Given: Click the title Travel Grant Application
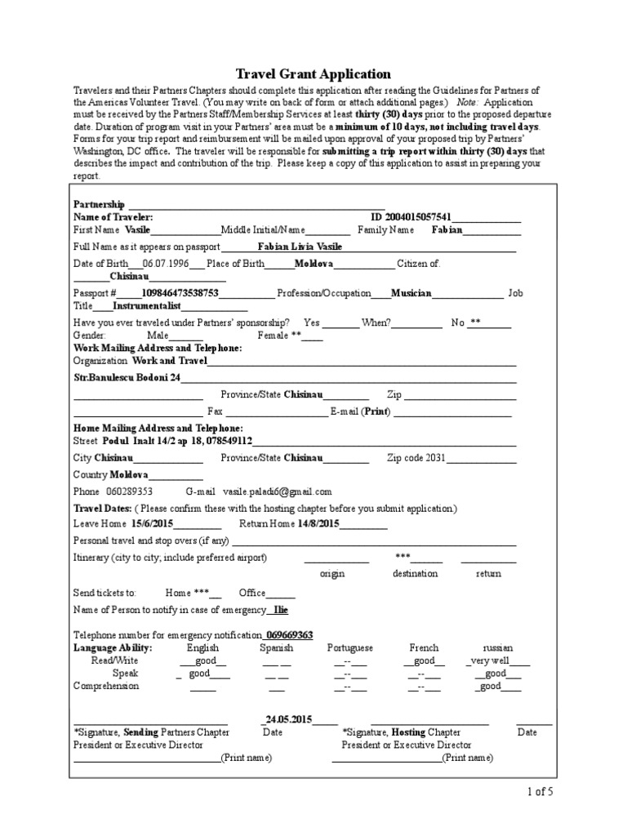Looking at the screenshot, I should (x=313, y=73).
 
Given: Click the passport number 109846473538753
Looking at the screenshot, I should (x=180, y=292).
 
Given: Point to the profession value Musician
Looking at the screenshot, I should (x=411, y=292).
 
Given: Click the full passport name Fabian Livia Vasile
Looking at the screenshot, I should (x=300, y=246).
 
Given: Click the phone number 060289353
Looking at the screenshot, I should (x=129, y=491).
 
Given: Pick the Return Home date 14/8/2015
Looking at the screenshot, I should (x=318, y=523).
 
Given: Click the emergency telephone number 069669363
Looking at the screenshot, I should (x=289, y=634).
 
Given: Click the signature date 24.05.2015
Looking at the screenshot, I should (x=287, y=720).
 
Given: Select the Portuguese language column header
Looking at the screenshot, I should (x=350, y=647).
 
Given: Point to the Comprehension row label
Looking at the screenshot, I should (x=106, y=686).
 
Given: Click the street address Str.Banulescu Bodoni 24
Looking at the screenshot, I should (x=127, y=377).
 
